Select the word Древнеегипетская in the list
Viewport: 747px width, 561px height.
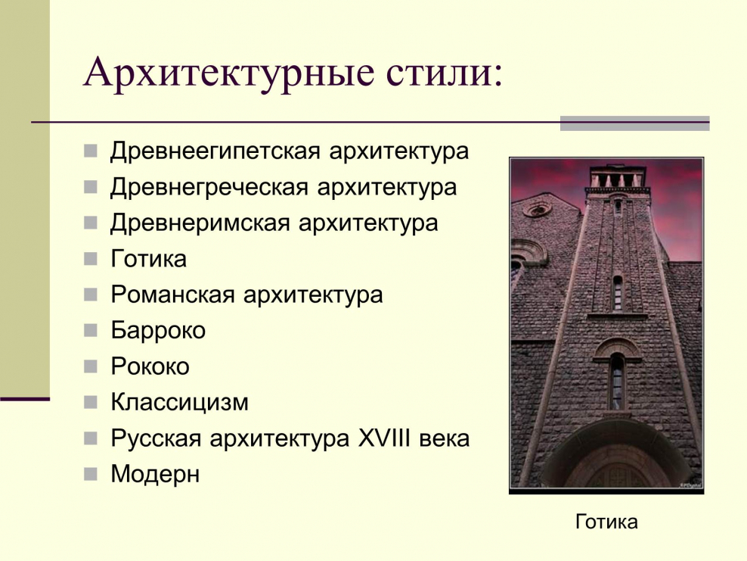[216, 151]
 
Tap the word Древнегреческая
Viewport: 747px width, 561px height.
[209, 187]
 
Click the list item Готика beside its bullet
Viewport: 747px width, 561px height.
[149, 260]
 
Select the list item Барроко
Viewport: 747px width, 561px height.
[158, 331]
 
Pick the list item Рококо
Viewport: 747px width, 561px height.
[150, 367]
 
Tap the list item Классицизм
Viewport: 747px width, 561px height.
[179, 402]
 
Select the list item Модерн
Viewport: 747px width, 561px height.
[155, 475]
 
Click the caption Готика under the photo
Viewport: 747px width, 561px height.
[606, 522]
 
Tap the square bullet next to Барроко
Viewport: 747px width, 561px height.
[91, 330]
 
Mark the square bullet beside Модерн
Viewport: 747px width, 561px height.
[91, 475]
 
